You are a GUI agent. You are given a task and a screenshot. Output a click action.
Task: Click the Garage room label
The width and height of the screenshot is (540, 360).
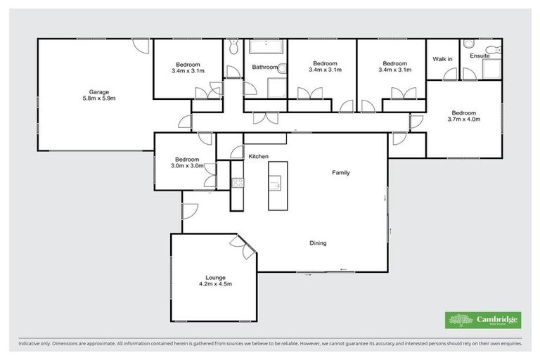[x=94, y=91]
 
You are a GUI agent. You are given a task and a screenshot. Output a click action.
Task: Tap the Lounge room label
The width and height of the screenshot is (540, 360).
[x=214, y=277]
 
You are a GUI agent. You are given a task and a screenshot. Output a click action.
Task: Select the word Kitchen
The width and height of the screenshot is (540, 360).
[x=258, y=156]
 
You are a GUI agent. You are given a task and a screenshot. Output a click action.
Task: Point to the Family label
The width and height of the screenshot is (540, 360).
[x=341, y=172]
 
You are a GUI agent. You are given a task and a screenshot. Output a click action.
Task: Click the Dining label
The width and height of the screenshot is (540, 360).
[x=318, y=243]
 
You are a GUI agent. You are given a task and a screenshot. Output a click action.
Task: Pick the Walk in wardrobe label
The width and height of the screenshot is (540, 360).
[x=442, y=59]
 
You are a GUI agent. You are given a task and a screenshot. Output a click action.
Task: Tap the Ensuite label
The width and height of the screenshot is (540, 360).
[x=480, y=56]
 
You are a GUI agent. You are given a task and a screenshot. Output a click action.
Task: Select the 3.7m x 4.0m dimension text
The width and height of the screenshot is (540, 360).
[x=464, y=120]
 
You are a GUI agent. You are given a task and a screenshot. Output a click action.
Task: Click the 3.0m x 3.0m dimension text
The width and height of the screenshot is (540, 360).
[x=188, y=167]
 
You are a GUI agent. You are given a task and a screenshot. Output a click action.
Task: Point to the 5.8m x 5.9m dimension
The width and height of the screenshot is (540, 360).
[x=94, y=98]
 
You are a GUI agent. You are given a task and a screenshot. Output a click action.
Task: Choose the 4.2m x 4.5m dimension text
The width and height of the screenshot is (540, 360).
[x=214, y=284]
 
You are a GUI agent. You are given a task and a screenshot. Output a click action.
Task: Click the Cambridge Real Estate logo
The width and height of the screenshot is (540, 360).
[x=483, y=320]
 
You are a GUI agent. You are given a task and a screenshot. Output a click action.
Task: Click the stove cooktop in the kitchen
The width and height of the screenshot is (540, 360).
[x=238, y=184]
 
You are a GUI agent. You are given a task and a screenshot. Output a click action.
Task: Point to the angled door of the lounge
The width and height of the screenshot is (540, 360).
[x=245, y=248]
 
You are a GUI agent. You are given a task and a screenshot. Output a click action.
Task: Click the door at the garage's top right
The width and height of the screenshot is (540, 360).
[x=141, y=45]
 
